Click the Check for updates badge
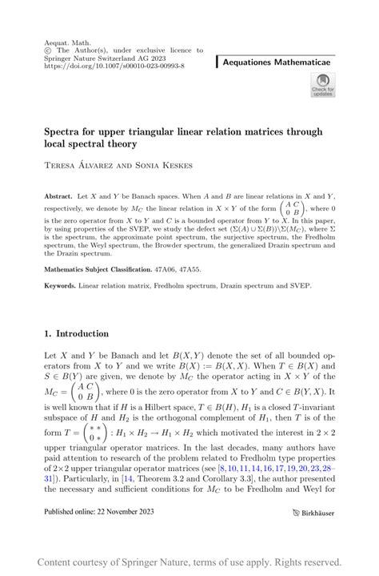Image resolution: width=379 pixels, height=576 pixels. coord(321,84)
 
